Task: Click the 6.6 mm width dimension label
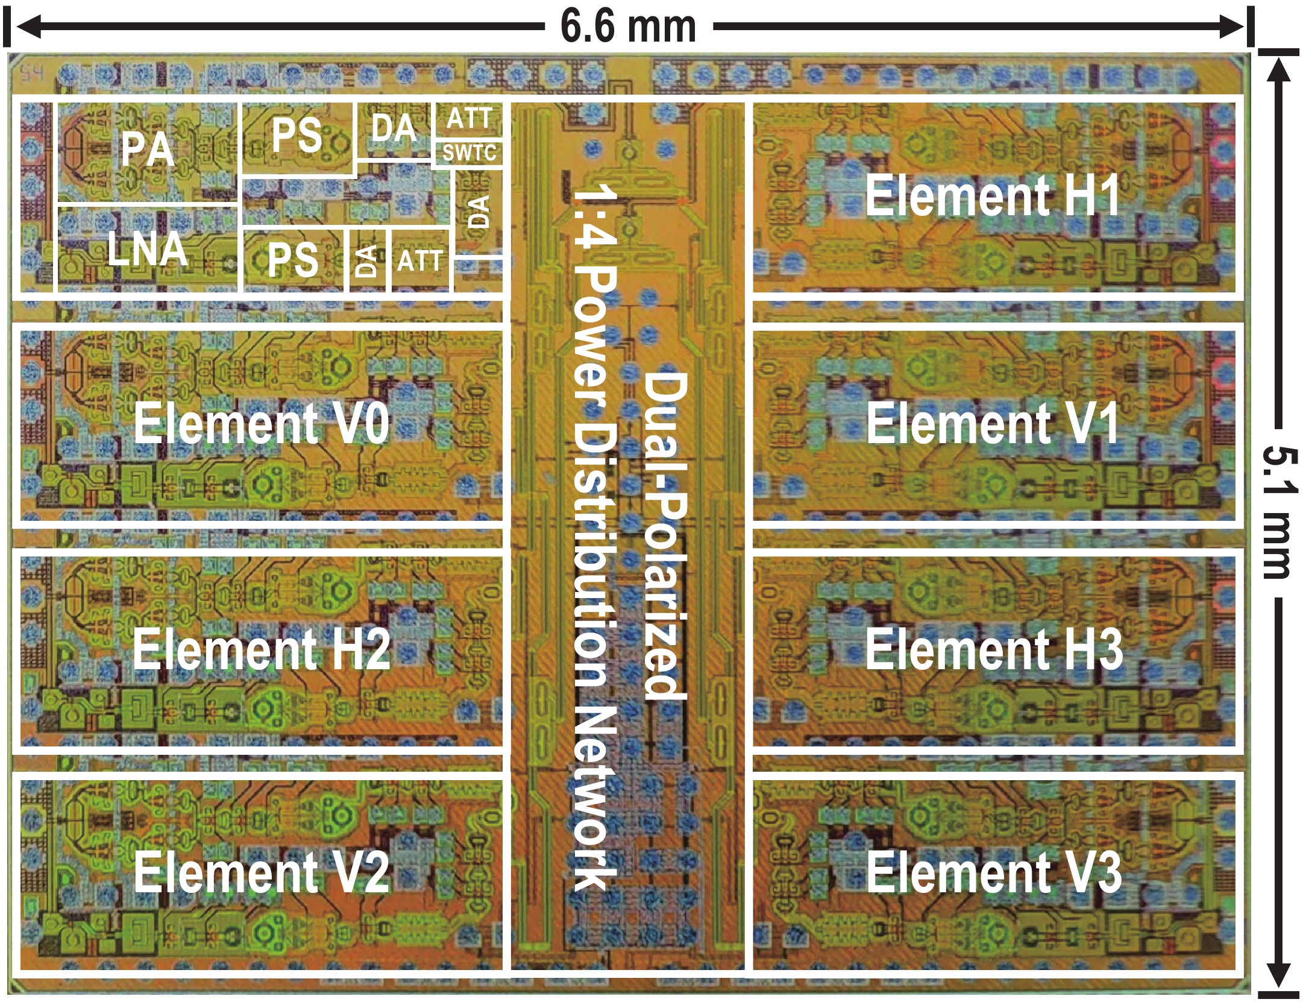click(628, 27)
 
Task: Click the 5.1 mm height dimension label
click(1278, 512)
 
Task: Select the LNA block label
click(148, 248)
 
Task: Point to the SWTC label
click(469, 153)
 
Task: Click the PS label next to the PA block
click(297, 134)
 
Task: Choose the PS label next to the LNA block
click(293, 259)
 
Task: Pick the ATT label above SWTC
click(469, 118)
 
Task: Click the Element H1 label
click(993, 195)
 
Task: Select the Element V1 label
click(993, 423)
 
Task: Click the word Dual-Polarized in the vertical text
click(666, 535)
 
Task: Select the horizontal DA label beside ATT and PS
click(394, 128)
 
